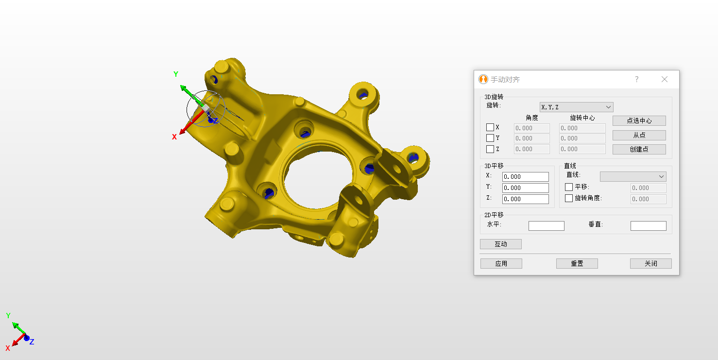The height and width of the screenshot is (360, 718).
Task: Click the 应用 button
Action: pos(501,263)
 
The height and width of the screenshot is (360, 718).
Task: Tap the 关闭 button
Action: pos(650,263)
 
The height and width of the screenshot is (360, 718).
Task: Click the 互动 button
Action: pos(501,244)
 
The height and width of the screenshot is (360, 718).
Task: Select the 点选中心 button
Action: pos(639,120)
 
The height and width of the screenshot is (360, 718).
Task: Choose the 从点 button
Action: pos(639,135)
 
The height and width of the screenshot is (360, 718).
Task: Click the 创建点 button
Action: pos(639,149)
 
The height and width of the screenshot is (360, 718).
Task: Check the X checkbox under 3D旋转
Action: pos(490,127)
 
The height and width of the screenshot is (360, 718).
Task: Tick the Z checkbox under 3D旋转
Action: pos(490,149)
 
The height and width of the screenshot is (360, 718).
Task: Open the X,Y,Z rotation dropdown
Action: pos(576,107)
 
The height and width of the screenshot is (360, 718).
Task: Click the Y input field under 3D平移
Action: pos(525,188)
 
